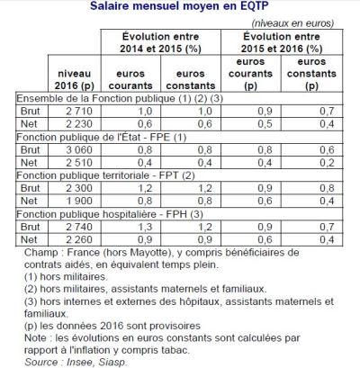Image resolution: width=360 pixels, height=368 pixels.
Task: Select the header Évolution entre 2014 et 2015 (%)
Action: tap(147, 40)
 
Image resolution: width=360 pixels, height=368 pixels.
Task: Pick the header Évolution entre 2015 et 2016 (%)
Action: tap(287, 40)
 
